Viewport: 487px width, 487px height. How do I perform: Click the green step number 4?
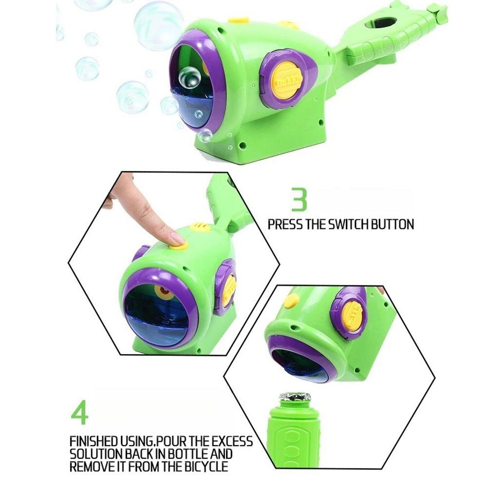click(79, 412)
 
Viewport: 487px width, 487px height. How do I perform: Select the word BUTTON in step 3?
click(392, 225)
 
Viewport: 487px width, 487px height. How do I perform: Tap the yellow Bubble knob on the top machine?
click(287, 79)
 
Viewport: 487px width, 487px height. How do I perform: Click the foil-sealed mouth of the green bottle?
click(294, 397)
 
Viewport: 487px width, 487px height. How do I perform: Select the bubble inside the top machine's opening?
click(189, 78)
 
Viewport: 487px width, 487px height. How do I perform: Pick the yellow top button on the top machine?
click(239, 20)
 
